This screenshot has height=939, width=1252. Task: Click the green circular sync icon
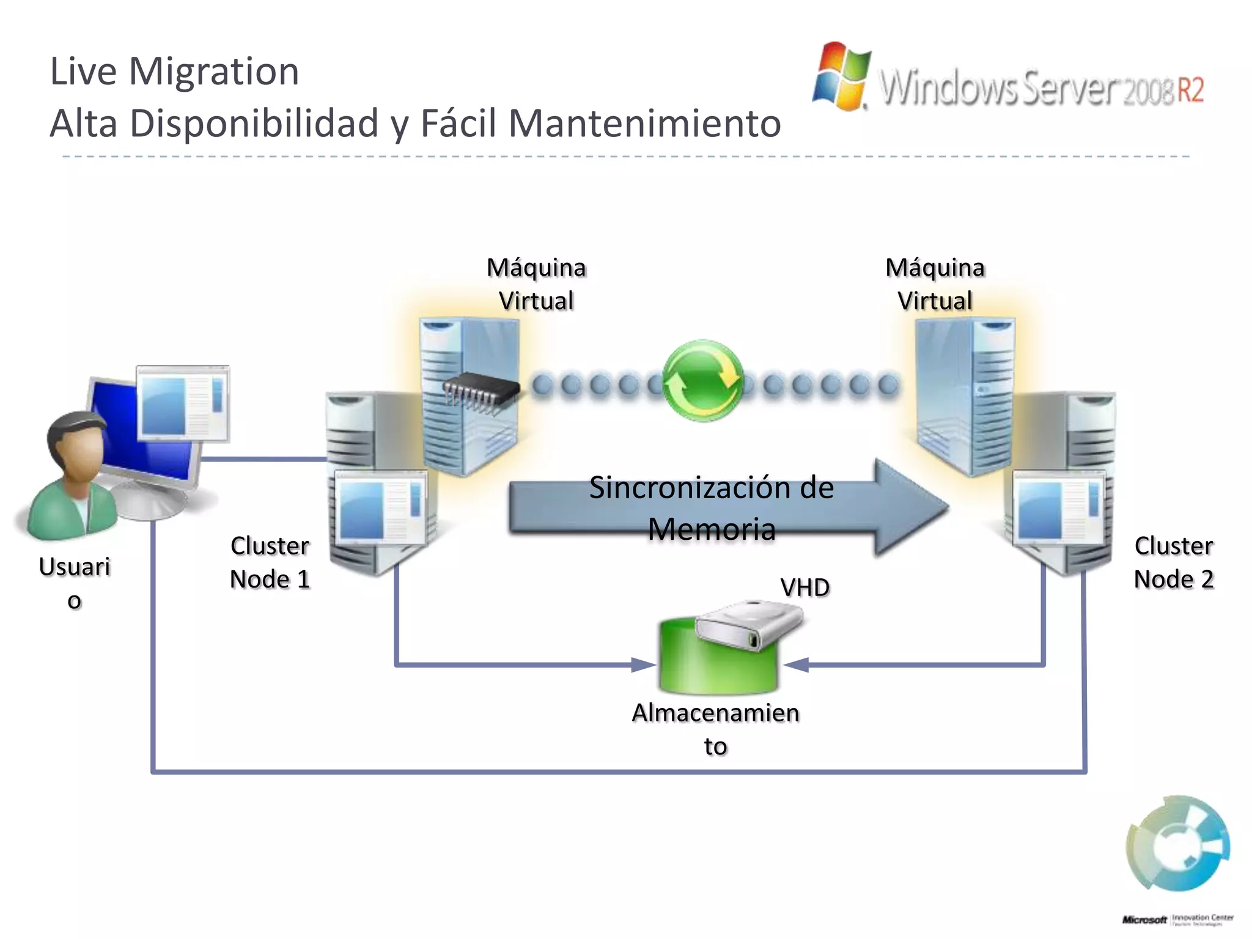pyautogui.click(x=703, y=380)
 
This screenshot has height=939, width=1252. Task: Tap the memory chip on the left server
pyautogui.click(x=480, y=391)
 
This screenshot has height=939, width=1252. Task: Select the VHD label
pyautogui.click(x=805, y=587)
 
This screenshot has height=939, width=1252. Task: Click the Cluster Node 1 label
pyautogui.click(x=270, y=562)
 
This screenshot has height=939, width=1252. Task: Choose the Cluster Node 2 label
pyautogui.click(x=1173, y=562)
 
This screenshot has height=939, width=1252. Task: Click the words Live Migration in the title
pyautogui.click(x=174, y=71)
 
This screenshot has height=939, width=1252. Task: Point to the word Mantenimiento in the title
pyautogui.click(x=644, y=123)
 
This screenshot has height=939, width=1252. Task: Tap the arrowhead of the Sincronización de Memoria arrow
pyautogui.click(x=911, y=507)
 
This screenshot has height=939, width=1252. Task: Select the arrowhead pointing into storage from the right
pyautogui.click(x=796, y=665)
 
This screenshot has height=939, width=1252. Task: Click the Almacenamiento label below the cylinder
pyautogui.click(x=715, y=729)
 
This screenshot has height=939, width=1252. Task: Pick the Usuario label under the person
pyautogui.click(x=75, y=582)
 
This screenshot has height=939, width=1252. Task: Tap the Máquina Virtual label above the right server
pyautogui.click(x=935, y=284)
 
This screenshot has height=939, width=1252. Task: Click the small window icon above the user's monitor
pyautogui.click(x=183, y=403)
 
